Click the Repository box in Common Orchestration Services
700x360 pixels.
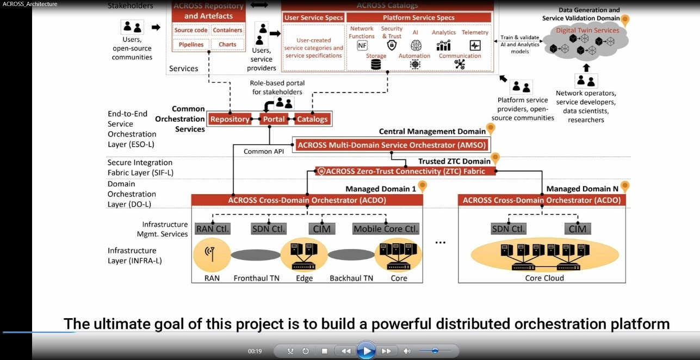230,119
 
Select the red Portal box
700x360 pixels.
274,119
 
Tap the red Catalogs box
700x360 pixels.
312,119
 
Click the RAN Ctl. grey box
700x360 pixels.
213,229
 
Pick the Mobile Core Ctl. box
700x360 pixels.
386,229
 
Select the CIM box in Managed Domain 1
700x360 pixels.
321,229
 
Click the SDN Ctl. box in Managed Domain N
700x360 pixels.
509,229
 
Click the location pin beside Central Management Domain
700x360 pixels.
491,129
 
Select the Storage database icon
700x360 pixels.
376,65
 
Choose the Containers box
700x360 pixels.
227,30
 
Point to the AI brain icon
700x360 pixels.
416,45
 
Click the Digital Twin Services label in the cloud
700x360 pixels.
587,30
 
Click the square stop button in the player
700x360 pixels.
325,351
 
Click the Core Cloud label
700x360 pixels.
544,278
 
